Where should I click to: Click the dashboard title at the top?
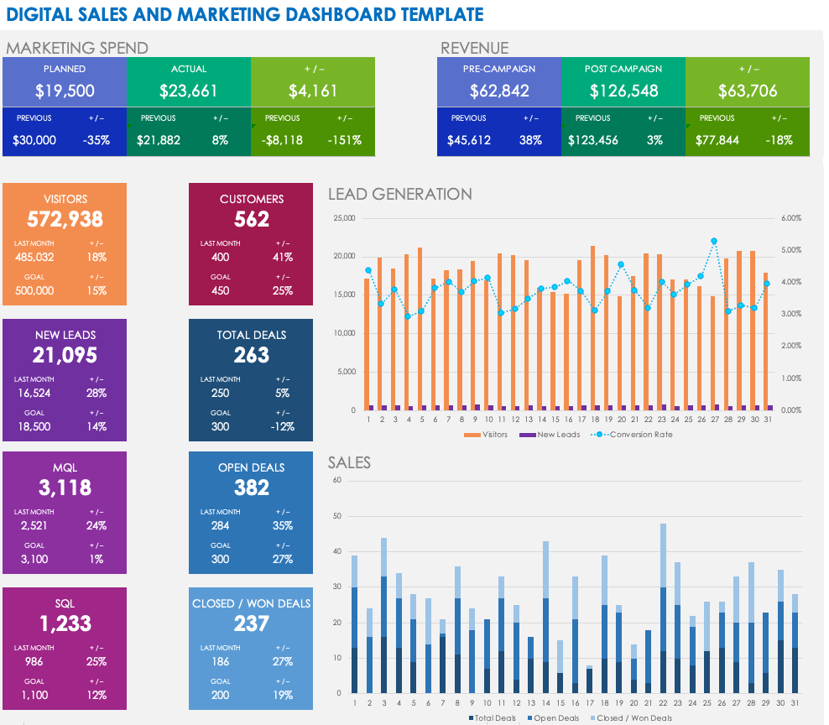click(x=244, y=14)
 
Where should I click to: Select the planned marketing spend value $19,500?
click(x=65, y=91)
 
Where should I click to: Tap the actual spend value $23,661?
click(x=188, y=91)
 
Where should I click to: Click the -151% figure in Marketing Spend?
click(x=344, y=140)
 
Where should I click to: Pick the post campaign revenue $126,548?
click(x=623, y=91)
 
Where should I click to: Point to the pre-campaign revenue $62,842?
click(x=499, y=91)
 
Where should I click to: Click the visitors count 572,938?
click(x=65, y=220)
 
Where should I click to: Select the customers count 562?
click(x=252, y=220)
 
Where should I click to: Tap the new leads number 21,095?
click(x=65, y=355)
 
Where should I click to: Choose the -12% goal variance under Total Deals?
click(x=282, y=426)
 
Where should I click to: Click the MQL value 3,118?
click(x=65, y=488)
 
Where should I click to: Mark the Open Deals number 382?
click(x=252, y=488)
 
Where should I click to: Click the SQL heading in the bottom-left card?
click(x=65, y=603)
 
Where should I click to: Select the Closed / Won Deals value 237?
click(x=252, y=623)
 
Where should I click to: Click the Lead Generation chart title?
click(x=399, y=194)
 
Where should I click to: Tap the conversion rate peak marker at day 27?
click(x=714, y=241)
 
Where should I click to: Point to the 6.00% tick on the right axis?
click(x=792, y=218)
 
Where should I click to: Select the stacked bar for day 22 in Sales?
click(x=663, y=609)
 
